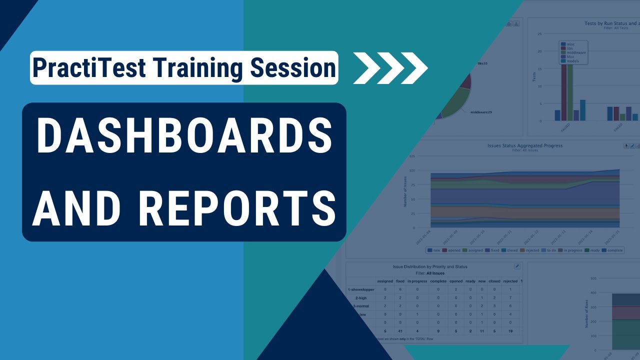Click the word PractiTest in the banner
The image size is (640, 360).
pos(88,68)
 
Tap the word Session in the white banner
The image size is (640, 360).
pos(292,68)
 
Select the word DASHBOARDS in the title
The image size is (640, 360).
pos(184,137)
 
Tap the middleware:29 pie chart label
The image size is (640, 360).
pos(481,112)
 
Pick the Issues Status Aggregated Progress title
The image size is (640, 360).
pos(525,145)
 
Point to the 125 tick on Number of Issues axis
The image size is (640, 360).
pos(412,156)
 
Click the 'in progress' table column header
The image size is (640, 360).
pos(417,281)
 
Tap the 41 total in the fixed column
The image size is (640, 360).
pos(400,331)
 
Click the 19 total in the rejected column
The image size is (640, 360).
pos(509,331)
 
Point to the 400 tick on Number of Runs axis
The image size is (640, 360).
pos(594,293)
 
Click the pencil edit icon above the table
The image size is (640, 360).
pos(517,266)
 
